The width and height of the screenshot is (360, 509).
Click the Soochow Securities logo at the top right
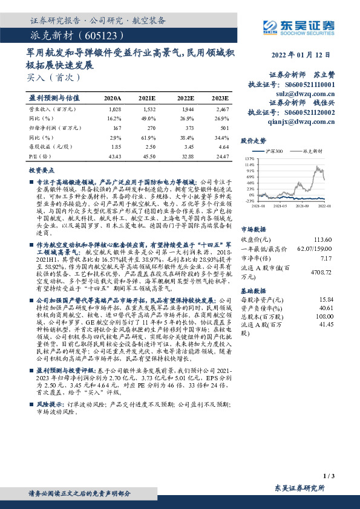coord(300,26)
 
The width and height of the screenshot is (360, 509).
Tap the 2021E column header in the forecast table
coord(147,97)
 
